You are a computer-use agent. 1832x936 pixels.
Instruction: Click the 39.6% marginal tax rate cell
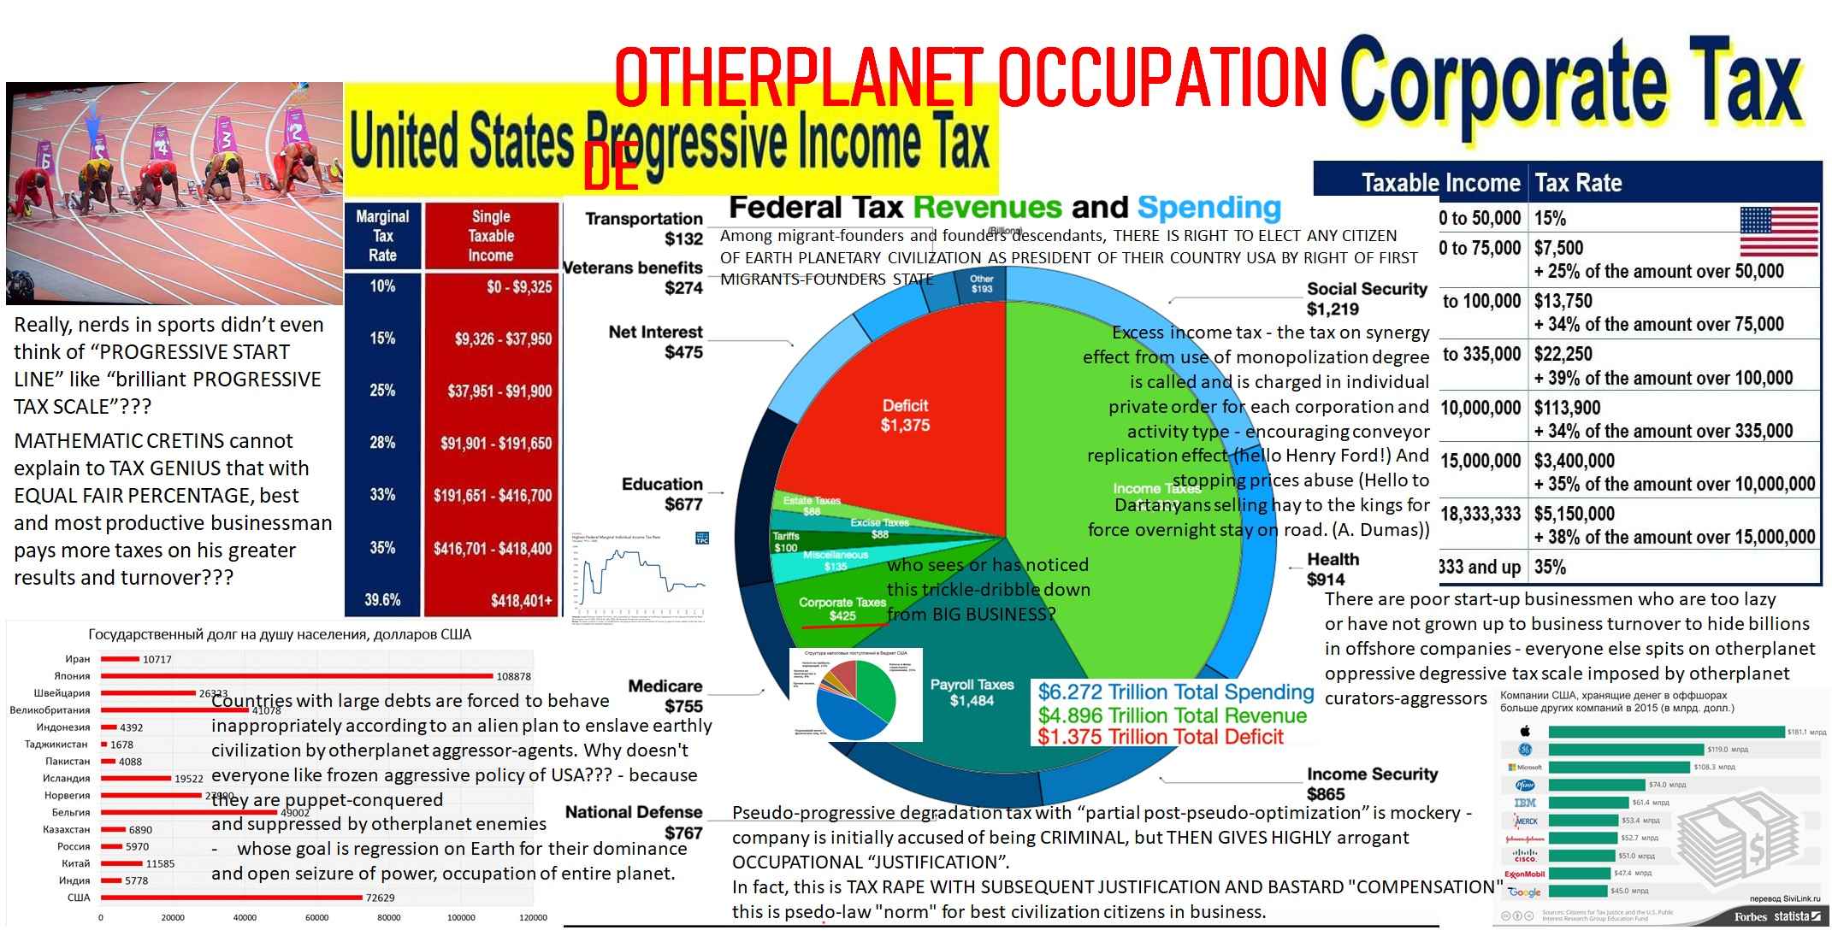pos(382,600)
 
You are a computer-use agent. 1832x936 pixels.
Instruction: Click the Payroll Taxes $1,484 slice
pos(972,692)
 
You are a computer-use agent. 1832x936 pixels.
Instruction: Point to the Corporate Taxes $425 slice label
pos(842,609)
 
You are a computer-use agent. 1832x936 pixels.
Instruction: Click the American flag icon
pos(1778,231)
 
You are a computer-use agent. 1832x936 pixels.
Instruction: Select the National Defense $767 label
pos(634,822)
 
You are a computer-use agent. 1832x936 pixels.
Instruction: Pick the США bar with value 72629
pos(231,898)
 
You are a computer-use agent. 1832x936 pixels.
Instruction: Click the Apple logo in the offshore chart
pos(1524,731)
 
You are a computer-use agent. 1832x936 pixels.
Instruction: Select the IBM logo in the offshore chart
pos(1525,803)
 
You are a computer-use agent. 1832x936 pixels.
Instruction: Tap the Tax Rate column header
pos(1578,183)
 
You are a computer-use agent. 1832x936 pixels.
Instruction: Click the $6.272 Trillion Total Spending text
pos(1175,692)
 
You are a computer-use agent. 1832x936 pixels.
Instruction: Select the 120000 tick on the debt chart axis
pos(533,917)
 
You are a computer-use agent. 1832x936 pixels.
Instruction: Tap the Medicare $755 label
pos(665,696)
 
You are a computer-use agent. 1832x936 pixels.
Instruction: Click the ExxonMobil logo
pos(1524,874)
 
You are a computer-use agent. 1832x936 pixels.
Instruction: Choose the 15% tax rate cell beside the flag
pos(1550,218)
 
